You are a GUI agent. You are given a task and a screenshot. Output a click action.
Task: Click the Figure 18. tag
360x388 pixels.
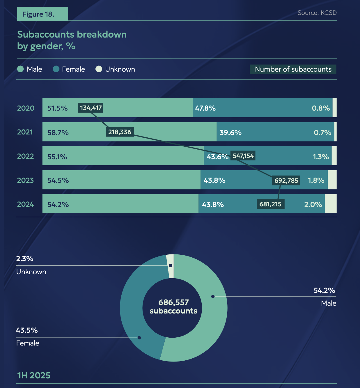click(42, 14)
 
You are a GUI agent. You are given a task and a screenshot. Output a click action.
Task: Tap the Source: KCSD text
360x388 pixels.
click(317, 13)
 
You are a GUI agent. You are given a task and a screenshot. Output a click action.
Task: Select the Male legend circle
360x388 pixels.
click(20, 69)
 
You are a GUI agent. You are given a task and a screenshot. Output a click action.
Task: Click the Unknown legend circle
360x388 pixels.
click(99, 69)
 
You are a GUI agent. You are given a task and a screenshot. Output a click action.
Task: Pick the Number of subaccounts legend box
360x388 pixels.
click(293, 69)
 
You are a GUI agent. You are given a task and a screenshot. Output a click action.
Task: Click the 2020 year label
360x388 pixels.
click(26, 108)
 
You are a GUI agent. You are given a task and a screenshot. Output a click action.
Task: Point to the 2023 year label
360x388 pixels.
click(25, 180)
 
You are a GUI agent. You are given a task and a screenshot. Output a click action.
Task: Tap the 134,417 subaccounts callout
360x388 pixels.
click(91, 108)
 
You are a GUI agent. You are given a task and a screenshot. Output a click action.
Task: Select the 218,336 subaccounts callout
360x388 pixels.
click(120, 132)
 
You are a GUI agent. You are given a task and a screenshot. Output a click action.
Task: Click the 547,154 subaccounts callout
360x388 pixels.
click(243, 156)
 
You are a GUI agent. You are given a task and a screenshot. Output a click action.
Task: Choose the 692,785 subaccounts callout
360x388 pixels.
click(286, 180)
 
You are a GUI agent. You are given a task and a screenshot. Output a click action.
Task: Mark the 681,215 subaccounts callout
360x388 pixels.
click(270, 204)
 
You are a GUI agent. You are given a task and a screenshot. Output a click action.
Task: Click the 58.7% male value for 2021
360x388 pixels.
click(58, 133)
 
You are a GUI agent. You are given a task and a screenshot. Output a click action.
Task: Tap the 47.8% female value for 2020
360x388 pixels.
click(205, 108)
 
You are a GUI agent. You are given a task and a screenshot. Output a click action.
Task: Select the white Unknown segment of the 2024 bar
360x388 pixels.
click(331, 204)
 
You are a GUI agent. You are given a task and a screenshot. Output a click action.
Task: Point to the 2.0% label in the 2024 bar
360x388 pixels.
click(313, 204)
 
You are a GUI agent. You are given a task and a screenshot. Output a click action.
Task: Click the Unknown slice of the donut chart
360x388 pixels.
click(171, 265)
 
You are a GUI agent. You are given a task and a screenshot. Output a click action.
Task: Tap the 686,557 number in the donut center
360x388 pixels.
click(173, 302)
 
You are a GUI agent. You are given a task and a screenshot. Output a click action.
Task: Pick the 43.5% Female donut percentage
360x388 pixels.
click(27, 330)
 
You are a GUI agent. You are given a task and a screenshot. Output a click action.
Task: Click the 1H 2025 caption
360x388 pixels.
click(34, 375)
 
